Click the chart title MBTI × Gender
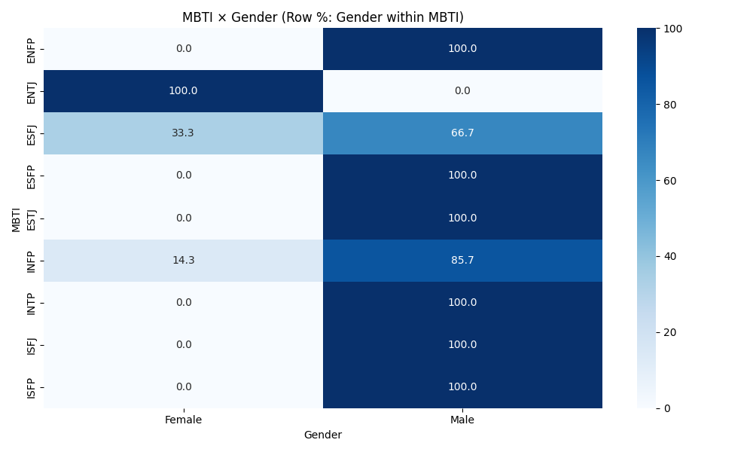coord(322,17)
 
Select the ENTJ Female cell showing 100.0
coord(183,91)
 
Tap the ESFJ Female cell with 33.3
coord(183,133)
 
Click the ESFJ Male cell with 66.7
coord(462,133)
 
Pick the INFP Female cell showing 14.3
coord(183,260)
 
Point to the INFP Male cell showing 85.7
coord(462,260)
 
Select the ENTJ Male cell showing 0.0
coord(462,91)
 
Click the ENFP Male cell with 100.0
coord(462,49)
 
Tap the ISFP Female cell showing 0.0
coord(183,386)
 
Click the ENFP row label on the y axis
coord(31,49)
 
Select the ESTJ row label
coord(31,218)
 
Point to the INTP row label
coord(31,302)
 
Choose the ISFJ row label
coord(31,344)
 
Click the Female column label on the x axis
coord(183,420)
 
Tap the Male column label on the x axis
coord(462,420)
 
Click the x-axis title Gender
coord(322,435)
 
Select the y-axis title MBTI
coord(16,218)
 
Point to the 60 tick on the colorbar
coord(669,180)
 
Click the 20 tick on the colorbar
coord(669,332)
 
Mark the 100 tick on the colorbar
coord(671,29)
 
